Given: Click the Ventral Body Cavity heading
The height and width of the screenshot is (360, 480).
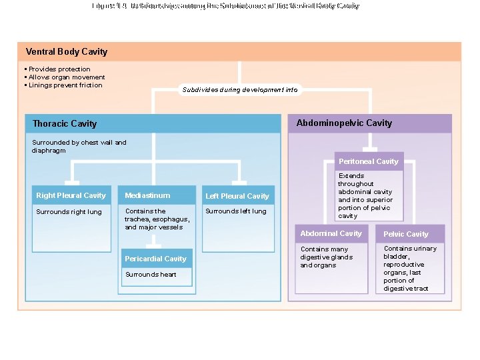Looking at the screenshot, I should point(66,52).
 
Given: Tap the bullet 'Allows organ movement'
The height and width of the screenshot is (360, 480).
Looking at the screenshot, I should point(66,77).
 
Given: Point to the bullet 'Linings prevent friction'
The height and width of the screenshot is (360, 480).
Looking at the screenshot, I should point(65,85).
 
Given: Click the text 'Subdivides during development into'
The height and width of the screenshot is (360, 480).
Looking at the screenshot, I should point(239,90).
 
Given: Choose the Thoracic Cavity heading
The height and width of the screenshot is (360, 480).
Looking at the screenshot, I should point(65,123).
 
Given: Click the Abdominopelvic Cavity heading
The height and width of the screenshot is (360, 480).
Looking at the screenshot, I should point(344,123).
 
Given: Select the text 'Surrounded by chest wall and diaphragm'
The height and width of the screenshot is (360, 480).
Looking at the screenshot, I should point(79,146).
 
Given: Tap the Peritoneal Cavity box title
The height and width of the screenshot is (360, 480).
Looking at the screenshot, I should point(368,161).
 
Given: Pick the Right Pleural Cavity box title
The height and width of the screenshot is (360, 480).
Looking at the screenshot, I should point(71,195).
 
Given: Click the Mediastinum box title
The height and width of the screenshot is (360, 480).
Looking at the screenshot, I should point(147,195).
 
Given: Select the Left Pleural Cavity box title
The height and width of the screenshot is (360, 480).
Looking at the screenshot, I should point(237,196).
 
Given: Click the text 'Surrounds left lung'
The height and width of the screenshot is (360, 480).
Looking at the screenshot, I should point(235,211).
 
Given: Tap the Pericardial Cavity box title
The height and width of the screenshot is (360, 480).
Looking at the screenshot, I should point(155,259).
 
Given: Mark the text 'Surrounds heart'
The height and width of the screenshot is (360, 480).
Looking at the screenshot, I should point(151,275).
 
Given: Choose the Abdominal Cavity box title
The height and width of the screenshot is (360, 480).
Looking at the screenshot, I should point(331,233).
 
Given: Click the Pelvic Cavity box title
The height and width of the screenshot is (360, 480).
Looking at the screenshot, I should point(405,234).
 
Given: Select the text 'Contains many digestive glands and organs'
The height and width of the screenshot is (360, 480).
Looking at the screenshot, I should point(327,257).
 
